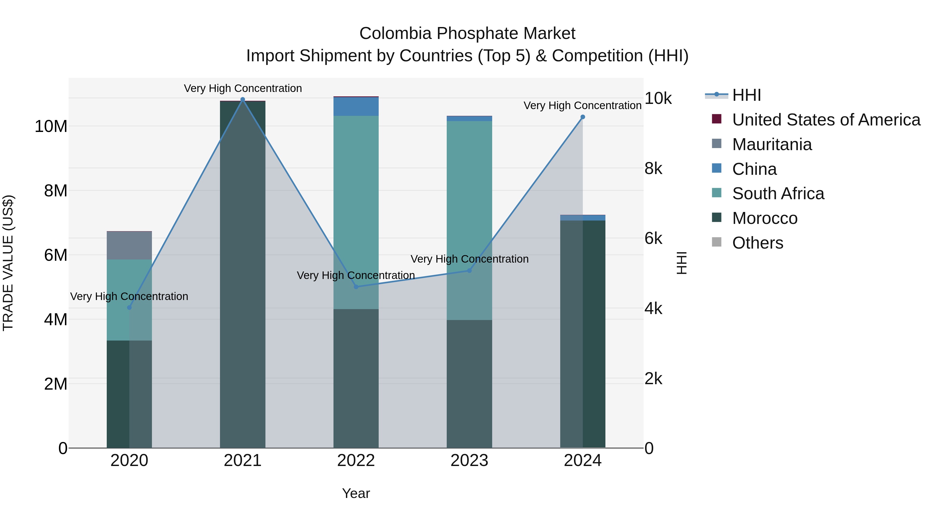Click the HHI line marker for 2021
tap(243, 99)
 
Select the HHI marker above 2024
tap(583, 117)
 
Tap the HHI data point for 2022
tap(356, 287)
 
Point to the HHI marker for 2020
tap(129, 308)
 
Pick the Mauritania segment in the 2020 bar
tap(129, 245)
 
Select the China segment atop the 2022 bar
tap(356, 106)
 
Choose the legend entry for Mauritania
tap(772, 144)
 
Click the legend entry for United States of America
tap(826, 120)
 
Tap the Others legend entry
tap(758, 243)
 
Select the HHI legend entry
tap(746, 95)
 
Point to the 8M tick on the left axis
tap(56, 191)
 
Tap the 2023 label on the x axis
tap(469, 461)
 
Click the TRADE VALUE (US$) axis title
tap(8, 263)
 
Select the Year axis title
tap(356, 493)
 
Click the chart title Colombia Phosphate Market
tap(467, 34)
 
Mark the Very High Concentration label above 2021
tap(243, 88)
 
